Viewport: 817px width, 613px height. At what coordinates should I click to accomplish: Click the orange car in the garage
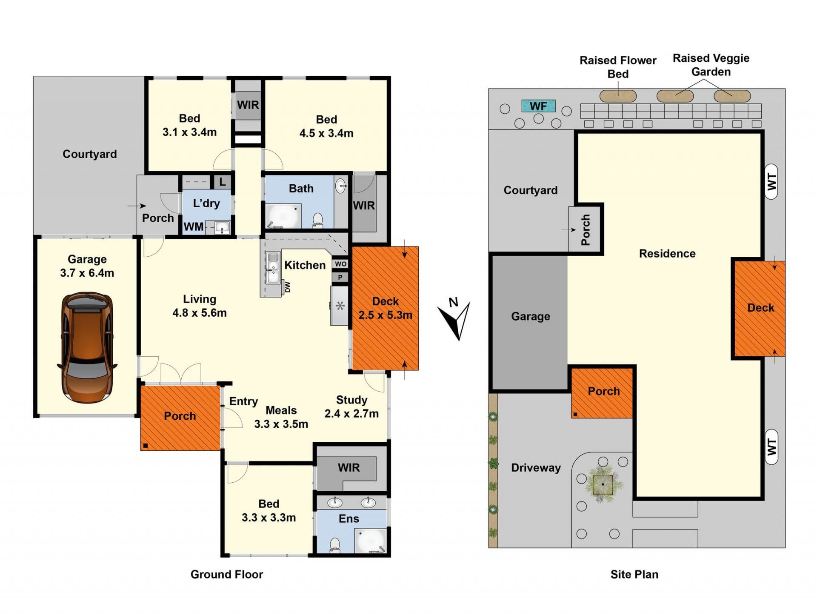click(87, 347)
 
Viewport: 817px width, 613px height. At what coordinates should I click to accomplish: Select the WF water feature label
click(538, 106)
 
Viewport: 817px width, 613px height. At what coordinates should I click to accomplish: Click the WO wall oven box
click(340, 264)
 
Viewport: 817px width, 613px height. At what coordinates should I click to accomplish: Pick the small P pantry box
click(340, 278)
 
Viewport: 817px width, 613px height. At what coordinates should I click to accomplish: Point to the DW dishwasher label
click(288, 287)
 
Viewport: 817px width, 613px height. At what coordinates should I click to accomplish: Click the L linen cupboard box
click(222, 182)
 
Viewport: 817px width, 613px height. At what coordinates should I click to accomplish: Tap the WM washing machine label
click(194, 226)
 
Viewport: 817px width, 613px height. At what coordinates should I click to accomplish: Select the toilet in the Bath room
click(317, 220)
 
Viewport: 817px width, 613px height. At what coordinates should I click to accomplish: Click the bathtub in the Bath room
click(283, 216)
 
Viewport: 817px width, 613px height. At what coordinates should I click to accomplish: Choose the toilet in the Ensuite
click(335, 545)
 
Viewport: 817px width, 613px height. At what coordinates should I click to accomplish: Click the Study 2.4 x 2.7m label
click(351, 407)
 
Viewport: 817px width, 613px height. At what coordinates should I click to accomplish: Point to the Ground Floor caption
click(227, 574)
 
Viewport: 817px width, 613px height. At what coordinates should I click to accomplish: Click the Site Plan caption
click(634, 574)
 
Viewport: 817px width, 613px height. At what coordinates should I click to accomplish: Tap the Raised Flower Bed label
click(618, 67)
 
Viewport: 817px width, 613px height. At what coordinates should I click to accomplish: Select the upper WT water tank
click(771, 182)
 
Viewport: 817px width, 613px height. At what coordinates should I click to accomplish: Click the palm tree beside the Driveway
click(603, 484)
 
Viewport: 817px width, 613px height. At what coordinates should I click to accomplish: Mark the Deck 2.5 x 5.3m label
click(385, 308)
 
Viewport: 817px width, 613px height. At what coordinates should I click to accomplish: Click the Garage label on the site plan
click(531, 316)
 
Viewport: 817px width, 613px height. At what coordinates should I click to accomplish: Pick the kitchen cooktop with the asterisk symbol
click(340, 306)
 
